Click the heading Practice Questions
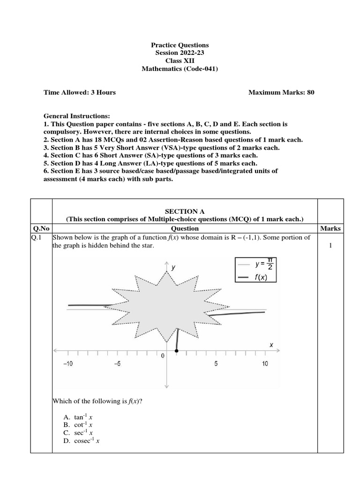180,45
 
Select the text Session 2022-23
180,53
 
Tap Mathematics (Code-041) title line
180,69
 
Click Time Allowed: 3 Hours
79,92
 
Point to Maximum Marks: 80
281,92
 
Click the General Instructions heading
77,116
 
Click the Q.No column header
41,228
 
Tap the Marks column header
330,228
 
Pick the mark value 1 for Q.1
330,245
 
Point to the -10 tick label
68,364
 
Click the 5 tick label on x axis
216,364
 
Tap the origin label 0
163,356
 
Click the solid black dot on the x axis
176,350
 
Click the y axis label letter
173,267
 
